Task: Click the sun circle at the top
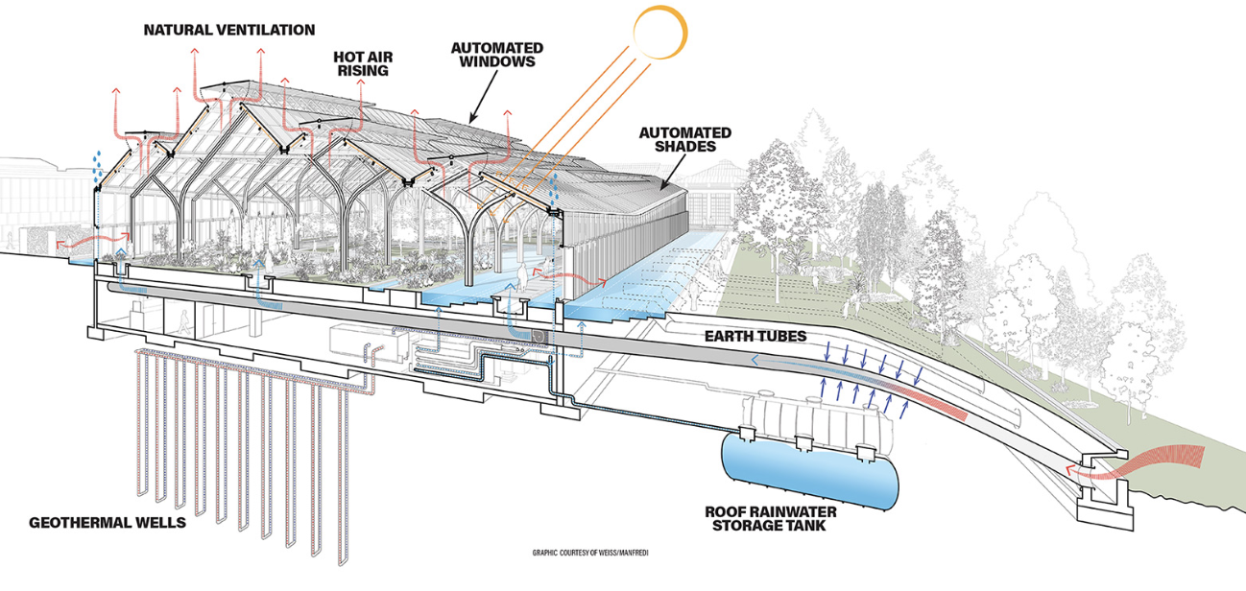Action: [x=659, y=33]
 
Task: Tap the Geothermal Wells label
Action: [x=107, y=523]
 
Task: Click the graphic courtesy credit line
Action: [x=586, y=553]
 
